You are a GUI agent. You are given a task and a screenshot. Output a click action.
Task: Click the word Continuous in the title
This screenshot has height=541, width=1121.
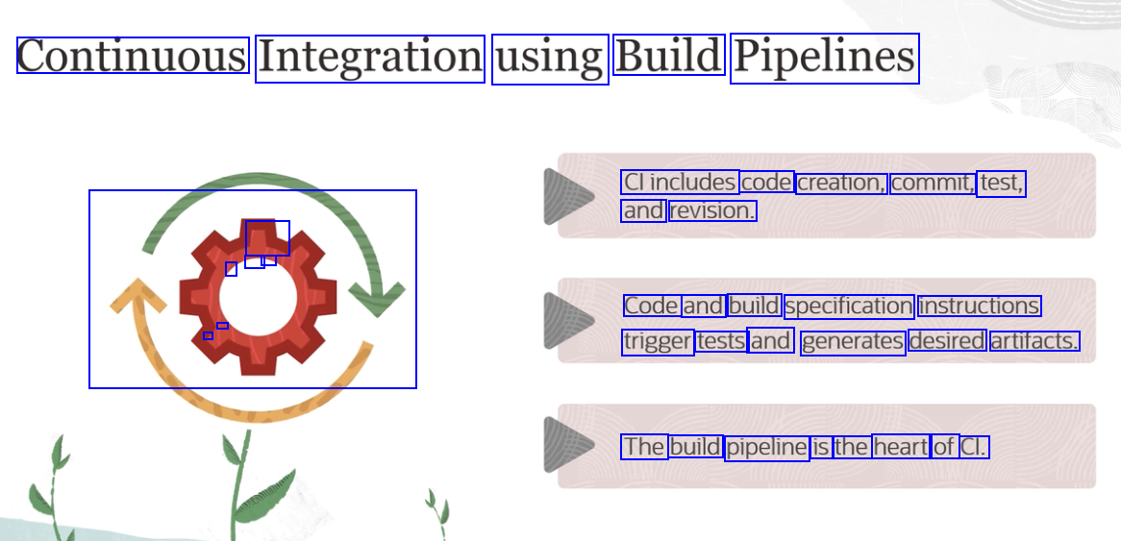(133, 56)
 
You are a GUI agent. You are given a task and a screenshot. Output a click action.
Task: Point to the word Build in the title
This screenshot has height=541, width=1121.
(668, 56)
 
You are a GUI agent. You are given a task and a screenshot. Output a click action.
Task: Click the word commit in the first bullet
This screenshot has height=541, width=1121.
(932, 183)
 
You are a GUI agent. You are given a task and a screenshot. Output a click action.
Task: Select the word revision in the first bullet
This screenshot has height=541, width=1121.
(712, 210)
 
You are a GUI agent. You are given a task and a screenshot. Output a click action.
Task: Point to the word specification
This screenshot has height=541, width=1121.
(849, 306)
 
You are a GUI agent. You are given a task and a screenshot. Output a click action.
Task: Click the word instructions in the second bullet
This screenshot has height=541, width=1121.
(979, 306)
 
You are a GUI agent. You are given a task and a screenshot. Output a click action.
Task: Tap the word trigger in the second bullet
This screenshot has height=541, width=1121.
(658, 341)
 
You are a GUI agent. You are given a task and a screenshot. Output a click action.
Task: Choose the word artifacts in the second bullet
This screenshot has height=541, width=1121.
(1034, 341)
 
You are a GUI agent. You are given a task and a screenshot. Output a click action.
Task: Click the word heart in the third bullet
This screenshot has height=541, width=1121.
(901, 447)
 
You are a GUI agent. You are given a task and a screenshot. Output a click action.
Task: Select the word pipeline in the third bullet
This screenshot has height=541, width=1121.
(766, 448)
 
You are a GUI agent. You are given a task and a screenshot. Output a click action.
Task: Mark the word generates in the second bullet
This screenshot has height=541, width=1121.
(853, 341)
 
